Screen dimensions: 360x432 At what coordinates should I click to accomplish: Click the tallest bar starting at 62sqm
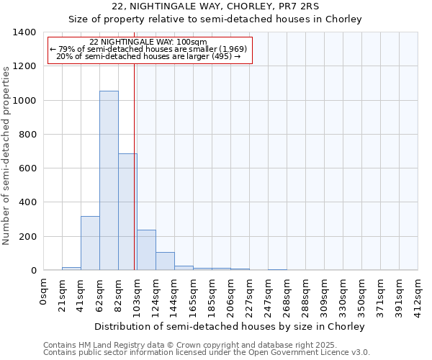coord(109,180)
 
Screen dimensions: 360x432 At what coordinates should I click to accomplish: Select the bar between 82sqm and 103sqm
coord(127,212)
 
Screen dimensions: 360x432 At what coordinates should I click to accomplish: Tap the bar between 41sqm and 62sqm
coord(90,243)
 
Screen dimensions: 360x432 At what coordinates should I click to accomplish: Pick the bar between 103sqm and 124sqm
coord(146,250)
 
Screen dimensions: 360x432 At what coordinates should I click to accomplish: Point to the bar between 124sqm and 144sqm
coord(165,261)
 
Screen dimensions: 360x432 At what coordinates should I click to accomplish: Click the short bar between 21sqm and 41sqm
coord(71,269)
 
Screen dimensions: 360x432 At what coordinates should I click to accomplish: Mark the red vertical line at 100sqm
coord(135,166)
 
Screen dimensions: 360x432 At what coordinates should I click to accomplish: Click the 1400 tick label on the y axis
coord(24,32)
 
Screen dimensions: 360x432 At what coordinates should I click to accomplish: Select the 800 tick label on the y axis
coord(27,135)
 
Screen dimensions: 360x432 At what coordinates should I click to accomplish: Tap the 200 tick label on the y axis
coord(27,237)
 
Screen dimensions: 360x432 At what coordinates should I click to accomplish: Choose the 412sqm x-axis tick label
coord(418,294)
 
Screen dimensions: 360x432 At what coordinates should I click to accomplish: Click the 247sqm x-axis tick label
coord(269,294)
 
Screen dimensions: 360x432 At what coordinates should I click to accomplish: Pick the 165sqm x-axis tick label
coord(194,294)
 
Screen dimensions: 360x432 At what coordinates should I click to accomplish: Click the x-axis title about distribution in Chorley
coord(230,326)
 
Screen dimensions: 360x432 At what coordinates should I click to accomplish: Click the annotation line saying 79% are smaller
coord(149,49)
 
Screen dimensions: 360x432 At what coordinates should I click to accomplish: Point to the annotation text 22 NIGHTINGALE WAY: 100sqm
coord(149,42)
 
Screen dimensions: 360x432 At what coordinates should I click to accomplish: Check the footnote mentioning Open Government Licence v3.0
coord(207,353)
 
